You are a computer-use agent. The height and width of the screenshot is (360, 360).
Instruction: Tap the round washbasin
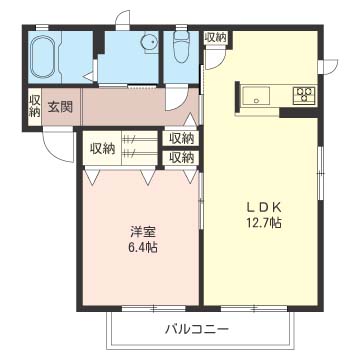[148, 43]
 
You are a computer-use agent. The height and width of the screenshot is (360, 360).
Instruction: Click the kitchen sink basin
[255, 96]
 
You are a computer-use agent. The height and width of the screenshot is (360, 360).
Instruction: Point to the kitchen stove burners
[302, 95]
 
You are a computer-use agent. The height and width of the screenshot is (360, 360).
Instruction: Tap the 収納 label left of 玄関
[34, 106]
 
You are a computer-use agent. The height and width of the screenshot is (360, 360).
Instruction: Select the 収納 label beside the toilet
[216, 38]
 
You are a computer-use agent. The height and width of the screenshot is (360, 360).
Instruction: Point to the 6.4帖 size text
[141, 248]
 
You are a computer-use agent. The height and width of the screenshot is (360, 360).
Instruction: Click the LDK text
[264, 208]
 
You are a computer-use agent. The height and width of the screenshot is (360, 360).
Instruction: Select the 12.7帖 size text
[264, 223]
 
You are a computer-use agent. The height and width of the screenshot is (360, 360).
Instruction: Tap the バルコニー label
[197, 329]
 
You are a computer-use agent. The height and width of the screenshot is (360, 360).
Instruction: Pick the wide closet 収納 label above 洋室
[102, 148]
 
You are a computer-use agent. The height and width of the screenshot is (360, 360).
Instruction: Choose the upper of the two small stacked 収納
[181, 139]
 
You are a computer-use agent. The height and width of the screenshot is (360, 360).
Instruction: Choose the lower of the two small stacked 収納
[181, 157]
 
